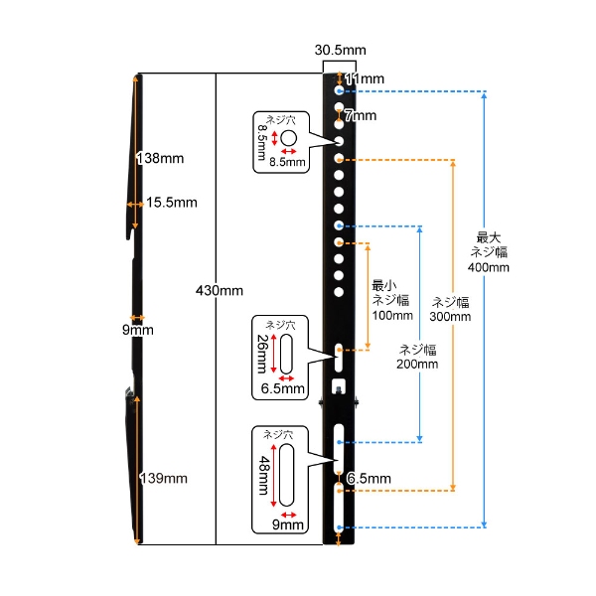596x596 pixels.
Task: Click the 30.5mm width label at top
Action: (340, 50)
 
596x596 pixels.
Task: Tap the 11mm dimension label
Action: (365, 78)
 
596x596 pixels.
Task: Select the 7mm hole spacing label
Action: (361, 115)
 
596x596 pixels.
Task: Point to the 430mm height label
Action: (220, 291)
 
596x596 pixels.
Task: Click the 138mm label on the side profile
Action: (160, 158)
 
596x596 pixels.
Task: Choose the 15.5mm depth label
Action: (172, 203)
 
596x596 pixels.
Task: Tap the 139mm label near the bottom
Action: (164, 478)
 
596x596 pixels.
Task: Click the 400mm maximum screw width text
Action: (489, 267)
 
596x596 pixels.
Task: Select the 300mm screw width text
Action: (450, 316)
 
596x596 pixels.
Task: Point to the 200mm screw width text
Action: (417, 364)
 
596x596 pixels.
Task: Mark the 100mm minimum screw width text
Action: (392, 315)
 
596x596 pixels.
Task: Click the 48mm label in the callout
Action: (264, 475)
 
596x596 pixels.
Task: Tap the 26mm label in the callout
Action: (262, 354)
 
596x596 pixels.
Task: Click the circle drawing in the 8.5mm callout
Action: (288, 138)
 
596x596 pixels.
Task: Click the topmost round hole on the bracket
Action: (339, 90)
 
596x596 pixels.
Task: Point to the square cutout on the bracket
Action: (339, 385)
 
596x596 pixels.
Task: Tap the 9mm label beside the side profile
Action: (138, 330)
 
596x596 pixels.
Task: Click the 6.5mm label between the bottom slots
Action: (370, 479)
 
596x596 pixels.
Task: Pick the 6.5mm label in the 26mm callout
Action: (283, 388)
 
